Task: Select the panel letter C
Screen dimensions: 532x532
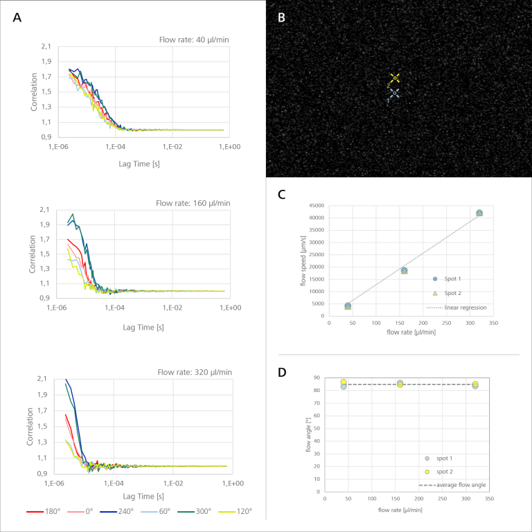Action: click(282, 195)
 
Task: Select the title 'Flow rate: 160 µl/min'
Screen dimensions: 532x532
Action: click(191, 203)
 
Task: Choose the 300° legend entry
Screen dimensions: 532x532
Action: click(195, 512)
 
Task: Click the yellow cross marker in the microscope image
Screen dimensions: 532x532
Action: click(394, 78)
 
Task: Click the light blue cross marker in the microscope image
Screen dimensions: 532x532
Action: click(393, 93)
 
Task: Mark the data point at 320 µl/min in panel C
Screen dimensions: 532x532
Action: click(479, 213)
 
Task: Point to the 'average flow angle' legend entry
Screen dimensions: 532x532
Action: click(461, 485)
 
